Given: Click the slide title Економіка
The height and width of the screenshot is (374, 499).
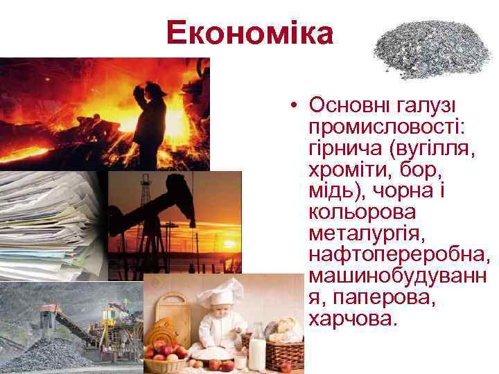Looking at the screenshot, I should point(249,33).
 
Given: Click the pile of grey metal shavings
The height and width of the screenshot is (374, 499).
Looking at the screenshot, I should point(432,50).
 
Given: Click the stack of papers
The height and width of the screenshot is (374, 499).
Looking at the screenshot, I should point(49,222).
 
